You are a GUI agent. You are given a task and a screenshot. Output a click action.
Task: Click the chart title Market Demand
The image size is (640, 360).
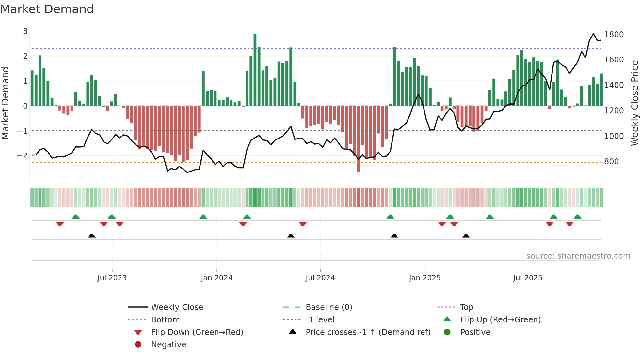tap(47, 9)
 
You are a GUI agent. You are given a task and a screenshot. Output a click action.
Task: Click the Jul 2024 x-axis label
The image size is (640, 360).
tap(320, 278)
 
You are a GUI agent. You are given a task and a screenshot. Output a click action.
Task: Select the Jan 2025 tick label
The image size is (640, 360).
tap(424, 278)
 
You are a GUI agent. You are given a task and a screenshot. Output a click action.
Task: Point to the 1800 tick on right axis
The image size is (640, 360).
tap(614, 35)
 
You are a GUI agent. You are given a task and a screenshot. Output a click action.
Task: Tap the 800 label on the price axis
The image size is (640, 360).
tap(611, 162)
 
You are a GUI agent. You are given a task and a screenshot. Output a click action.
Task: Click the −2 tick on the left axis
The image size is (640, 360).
tap(22, 156)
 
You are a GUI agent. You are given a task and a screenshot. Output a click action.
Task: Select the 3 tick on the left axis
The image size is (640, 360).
tap(25, 31)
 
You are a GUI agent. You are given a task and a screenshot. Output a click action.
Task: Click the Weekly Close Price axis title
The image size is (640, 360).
tap(634, 103)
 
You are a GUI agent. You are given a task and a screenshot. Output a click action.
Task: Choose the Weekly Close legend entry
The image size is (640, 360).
tap(177, 307)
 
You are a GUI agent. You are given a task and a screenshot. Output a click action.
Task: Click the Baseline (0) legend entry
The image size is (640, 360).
tap(328, 307)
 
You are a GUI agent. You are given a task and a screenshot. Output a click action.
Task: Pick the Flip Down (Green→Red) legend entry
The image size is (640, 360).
tap(197, 332)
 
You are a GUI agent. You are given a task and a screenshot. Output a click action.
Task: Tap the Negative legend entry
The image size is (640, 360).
tap(168, 345)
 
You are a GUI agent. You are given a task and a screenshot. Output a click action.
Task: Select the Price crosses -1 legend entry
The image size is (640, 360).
tap(368, 332)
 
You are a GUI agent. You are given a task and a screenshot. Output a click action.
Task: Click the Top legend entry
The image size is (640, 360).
tap(466, 307)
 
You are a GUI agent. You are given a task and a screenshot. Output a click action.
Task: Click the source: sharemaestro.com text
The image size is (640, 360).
tap(578, 256)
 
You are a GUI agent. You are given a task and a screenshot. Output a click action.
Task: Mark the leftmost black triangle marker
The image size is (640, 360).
tap(92, 236)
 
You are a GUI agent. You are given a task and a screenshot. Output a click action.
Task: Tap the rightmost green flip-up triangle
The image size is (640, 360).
tap(577, 217)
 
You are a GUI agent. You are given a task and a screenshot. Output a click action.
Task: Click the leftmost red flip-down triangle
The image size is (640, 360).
tap(60, 224)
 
